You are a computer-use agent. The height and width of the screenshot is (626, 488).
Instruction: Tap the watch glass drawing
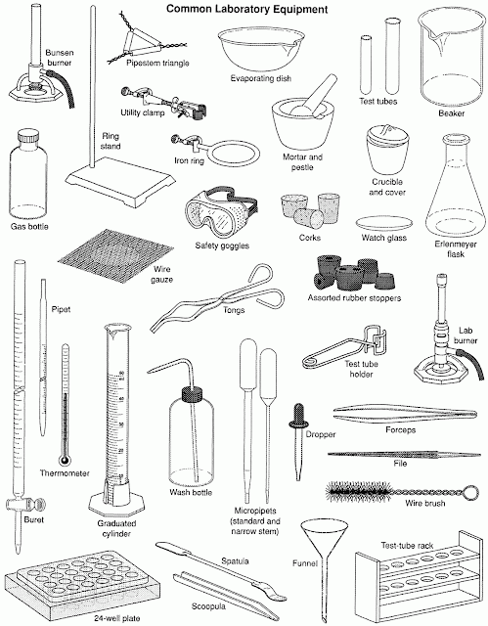[383, 224]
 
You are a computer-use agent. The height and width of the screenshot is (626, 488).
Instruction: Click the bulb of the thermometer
[65, 461]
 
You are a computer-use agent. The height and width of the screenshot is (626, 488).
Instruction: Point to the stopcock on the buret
[24, 505]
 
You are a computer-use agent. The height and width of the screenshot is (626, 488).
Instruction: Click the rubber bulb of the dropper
[298, 415]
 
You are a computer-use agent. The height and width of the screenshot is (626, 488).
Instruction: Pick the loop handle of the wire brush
[471, 491]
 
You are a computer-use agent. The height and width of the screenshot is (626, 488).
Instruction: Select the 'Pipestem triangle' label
[157, 63]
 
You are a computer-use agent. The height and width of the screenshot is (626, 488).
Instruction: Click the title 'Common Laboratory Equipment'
[247, 9]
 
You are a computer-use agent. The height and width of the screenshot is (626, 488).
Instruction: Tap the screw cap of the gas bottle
[28, 137]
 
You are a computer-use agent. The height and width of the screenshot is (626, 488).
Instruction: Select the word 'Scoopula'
[208, 606]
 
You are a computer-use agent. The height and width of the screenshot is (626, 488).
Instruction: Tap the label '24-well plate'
[117, 618]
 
